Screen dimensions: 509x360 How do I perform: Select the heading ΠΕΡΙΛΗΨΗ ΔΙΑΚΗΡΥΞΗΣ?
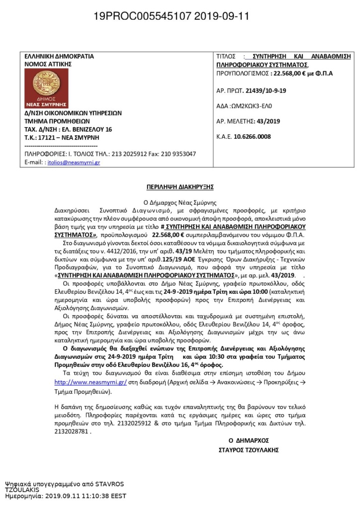[x=180, y=187]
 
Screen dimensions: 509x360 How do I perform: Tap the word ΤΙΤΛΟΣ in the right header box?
[x=228, y=56]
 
